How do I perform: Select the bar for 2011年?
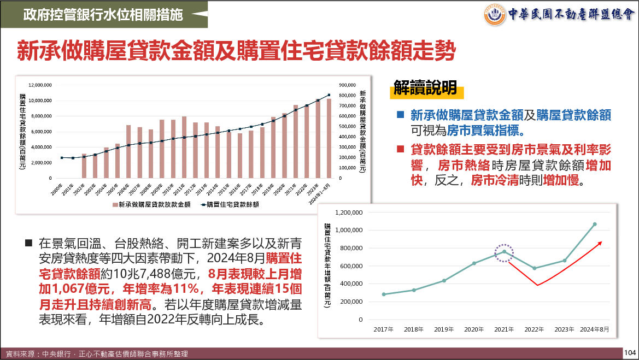184,147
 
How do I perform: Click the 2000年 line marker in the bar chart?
62,157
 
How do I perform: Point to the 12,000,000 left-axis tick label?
40,85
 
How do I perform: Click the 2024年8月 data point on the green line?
595,224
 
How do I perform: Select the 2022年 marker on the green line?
535,268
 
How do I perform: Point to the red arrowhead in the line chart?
600,243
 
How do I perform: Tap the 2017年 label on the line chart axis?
384,329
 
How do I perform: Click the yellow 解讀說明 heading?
425,88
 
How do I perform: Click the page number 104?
630,353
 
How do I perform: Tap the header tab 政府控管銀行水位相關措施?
103,14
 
